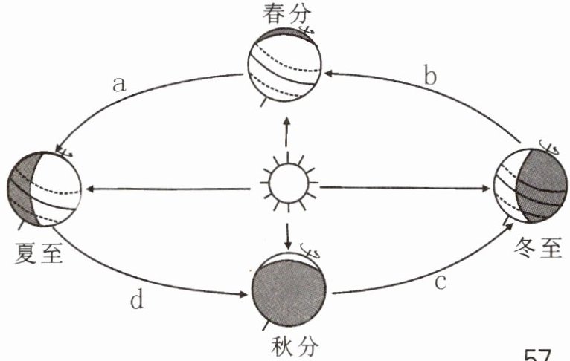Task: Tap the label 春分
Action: click(x=284, y=14)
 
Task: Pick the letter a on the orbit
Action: click(x=118, y=84)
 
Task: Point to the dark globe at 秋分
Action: click(x=289, y=293)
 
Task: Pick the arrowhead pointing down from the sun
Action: click(x=288, y=244)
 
